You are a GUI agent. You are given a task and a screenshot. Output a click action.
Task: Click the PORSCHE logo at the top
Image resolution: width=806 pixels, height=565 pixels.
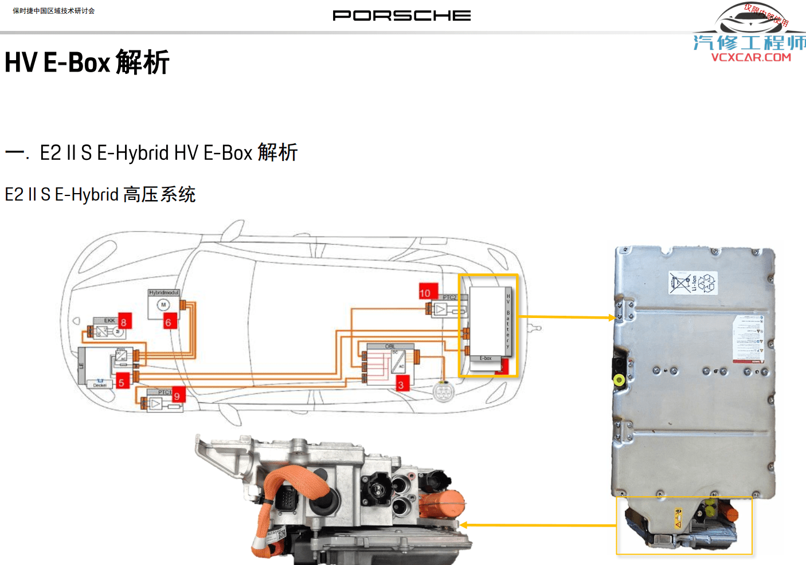pyautogui.click(x=401, y=15)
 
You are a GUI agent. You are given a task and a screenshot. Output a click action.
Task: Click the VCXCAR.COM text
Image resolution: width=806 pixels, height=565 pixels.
pyautogui.click(x=751, y=57)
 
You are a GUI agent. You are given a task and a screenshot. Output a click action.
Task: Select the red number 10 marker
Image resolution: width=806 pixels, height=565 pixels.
pyautogui.click(x=426, y=293)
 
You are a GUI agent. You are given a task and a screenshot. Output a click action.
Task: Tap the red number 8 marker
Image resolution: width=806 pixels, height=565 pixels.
pyautogui.click(x=124, y=321)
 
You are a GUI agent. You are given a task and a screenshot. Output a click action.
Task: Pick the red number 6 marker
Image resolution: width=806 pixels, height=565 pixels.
pyautogui.click(x=169, y=323)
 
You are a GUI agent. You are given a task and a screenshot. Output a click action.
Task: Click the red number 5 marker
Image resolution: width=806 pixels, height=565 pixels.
pyautogui.click(x=122, y=382)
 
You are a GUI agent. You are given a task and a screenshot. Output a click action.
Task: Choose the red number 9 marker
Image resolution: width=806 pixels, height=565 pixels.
pyautogui.click(x=177, y=396)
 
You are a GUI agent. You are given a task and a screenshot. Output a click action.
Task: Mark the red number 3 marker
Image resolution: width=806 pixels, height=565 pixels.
pyautogui.click(x=401, y=385)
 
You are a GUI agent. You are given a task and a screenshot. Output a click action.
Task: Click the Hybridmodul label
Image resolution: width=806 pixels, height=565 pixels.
pyautogui.click(x=164, y=293)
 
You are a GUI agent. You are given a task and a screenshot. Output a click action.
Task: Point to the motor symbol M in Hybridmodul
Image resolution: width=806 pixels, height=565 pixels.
pyautogui.click(x=163, y=305)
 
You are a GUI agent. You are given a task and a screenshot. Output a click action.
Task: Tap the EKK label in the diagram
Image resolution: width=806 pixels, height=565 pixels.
pyautogui.click(x=109, y=320)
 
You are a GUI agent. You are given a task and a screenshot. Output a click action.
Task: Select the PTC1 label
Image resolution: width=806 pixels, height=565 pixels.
pyautogui.click(x=165, y=392)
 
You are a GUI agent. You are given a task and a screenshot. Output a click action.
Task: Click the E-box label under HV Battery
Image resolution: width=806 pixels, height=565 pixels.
pyautogui.click(x=486, y=358)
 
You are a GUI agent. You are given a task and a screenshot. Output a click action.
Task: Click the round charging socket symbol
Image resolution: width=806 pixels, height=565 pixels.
pyautogui.click(x=443, y=392)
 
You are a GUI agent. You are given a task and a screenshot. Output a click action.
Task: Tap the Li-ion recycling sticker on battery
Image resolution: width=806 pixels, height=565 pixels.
pyautogui.click(x=693, y=283)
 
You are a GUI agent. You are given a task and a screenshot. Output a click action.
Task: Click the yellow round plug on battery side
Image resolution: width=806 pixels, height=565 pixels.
pyautogui.click(x=619, y=379)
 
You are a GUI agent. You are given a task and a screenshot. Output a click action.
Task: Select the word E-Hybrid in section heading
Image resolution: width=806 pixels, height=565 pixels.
pyautogui.click(x=133, y=153)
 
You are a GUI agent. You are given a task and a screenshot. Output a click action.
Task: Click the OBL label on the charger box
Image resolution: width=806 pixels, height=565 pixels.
pyautogui.click(x=390, y=346)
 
